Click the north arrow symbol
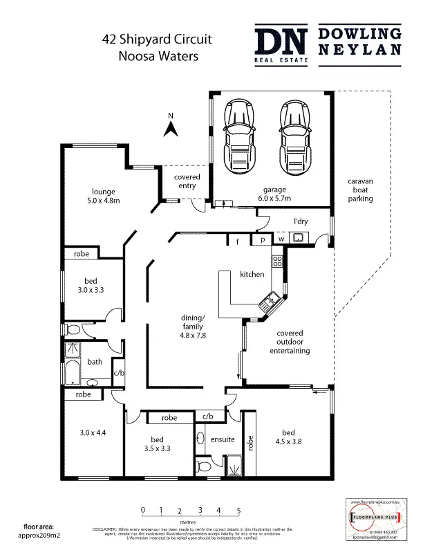click(171, 127)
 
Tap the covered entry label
click(187, 182)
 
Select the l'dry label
click(300, 221)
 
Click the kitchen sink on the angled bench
click(269, 302)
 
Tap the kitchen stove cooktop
click(277, 261)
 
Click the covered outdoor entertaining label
click(290, 342)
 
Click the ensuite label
click(223, 439)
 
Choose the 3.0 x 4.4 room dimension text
click(93, 433)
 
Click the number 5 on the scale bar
click(238, 511)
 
